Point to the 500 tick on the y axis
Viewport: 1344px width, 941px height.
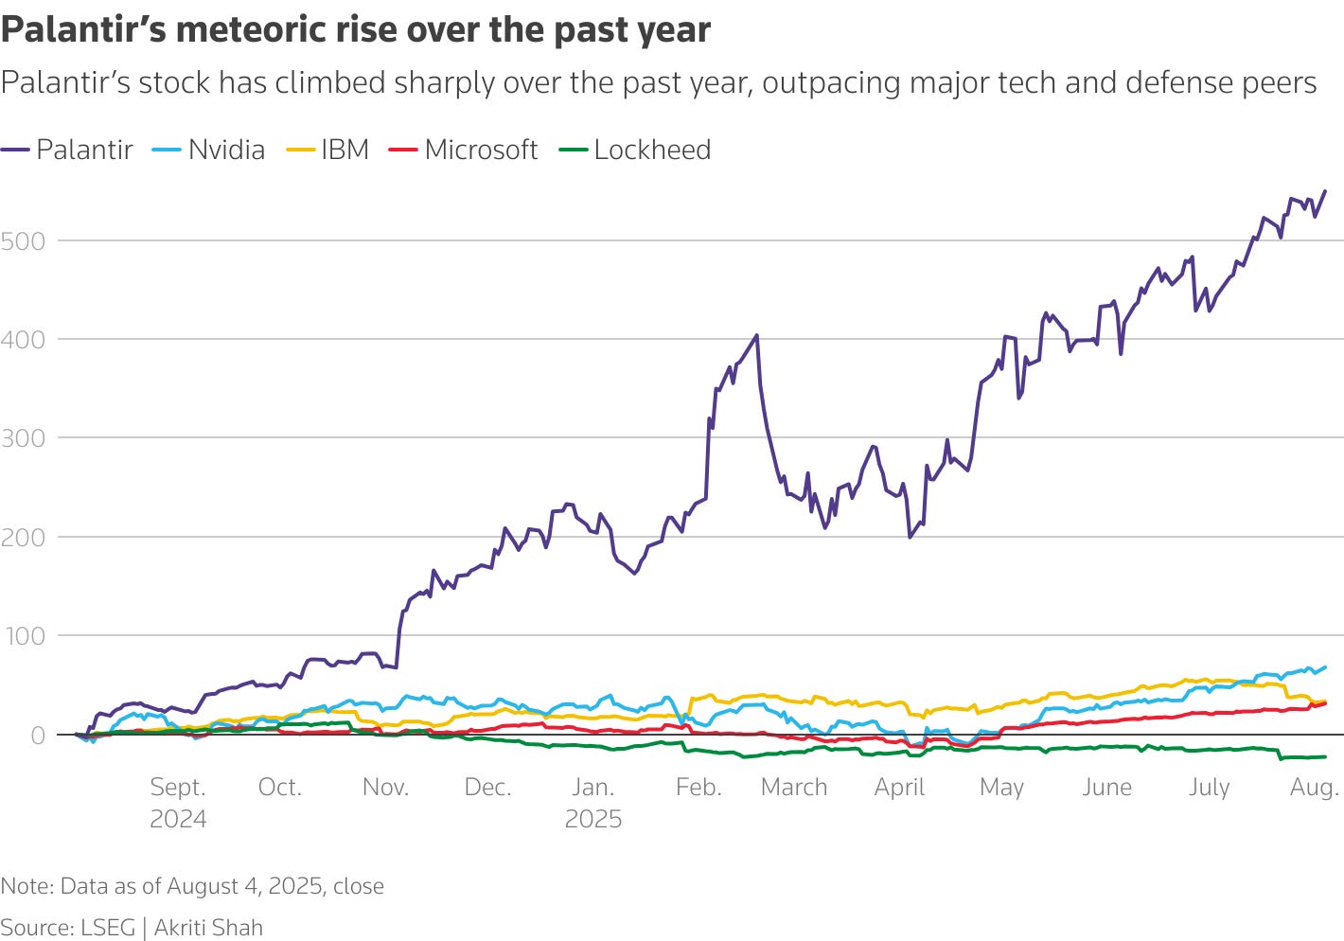coord(23,240)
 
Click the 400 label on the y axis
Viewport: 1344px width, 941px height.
coord(23,339)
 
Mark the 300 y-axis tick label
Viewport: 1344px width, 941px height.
coord(23,438)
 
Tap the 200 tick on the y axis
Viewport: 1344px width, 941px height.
coord(23,537)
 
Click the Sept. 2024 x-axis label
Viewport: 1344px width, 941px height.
coord(178,802)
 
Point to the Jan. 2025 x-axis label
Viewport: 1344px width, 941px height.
coord(592,802)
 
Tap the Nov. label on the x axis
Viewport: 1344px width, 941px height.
coord(385,787)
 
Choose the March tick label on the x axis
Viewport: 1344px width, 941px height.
coord(793,787)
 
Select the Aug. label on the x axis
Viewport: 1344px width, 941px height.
coord(1314,787)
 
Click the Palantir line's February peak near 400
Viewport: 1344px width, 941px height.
coord(755,335)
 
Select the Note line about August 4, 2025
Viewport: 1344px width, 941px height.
coord(192,886)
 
